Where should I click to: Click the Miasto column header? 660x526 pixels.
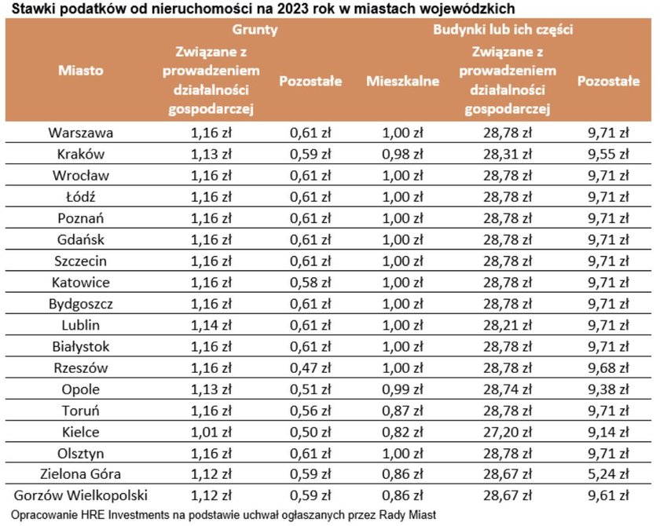[80, 70]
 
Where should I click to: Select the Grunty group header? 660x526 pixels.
[255, 30]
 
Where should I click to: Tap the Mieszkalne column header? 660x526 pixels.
[402, 81]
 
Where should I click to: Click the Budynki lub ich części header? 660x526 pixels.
[503, 30]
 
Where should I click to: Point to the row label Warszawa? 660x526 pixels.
[80, 133]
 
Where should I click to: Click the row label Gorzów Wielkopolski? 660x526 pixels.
[80, 495]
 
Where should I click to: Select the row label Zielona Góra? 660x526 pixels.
[80, 474]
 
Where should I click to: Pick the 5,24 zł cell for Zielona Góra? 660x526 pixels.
[608, 474]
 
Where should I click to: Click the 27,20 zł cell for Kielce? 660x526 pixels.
[508, 432]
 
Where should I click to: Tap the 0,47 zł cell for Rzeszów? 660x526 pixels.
[310, 368]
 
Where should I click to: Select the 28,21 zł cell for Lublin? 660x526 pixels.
[508, 325]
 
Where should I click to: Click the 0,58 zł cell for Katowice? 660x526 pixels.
[310, 282]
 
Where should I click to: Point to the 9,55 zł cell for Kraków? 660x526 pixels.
[608, 155]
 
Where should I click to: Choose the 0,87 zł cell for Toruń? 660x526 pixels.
[402, 411]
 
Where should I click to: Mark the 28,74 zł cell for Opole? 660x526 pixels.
[508, 389]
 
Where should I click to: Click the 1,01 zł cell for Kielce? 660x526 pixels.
[211, 432]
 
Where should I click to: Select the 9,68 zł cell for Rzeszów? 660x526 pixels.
[608, 368]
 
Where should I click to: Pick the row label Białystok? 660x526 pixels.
[80, 346]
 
